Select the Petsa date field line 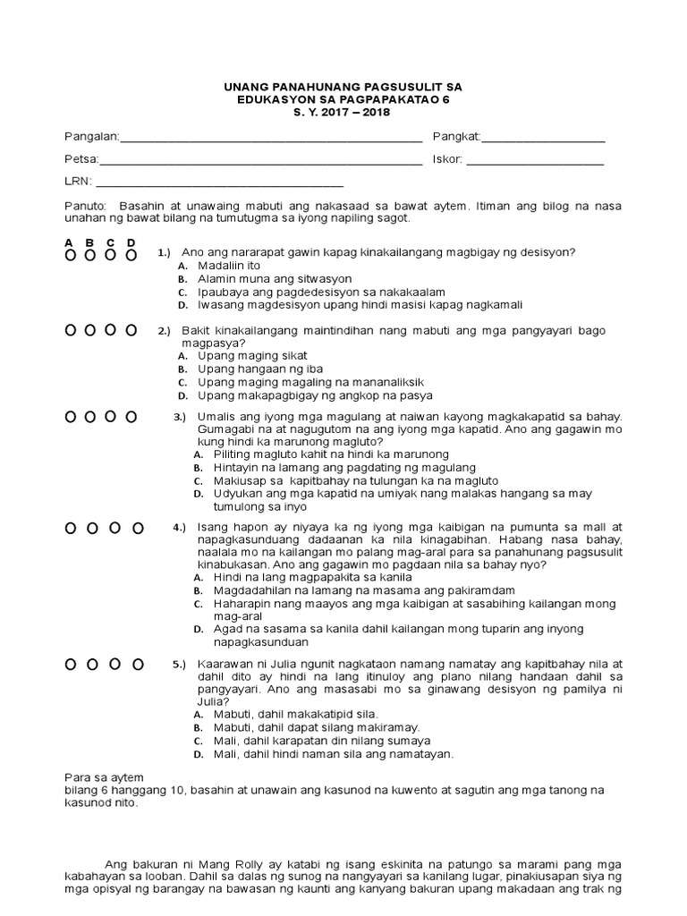coord(260,163)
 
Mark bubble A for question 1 coord(69,255)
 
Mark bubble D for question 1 coord(131,255)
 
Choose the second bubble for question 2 coord(89,331)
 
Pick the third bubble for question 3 coord(111,417)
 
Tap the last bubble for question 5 coord(138,665)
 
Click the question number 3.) coord(179,417)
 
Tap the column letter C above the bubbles coord(110,242)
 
